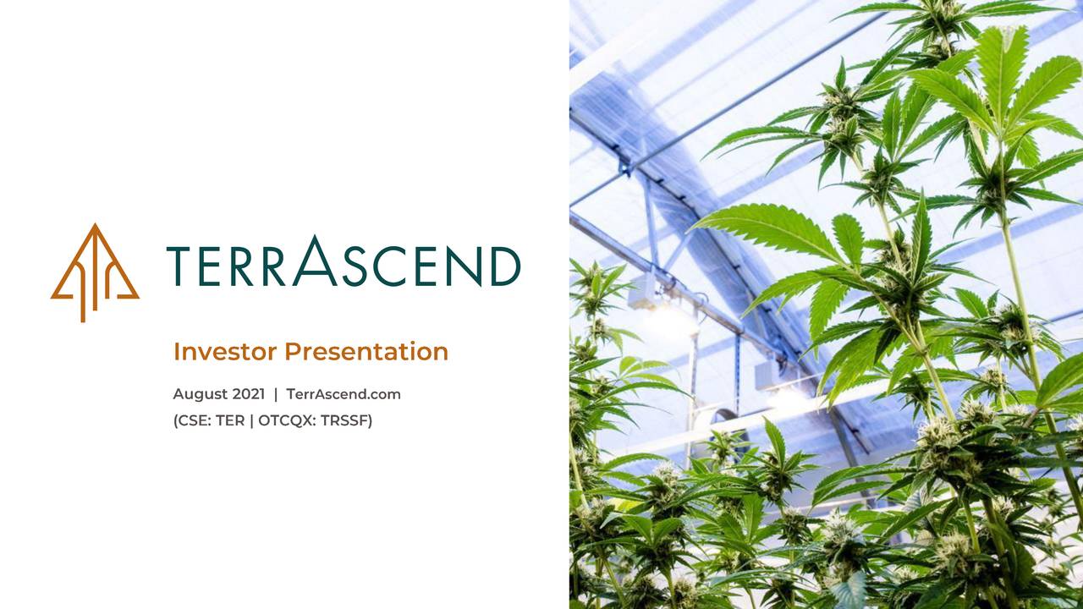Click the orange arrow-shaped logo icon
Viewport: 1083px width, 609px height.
click(95, 272)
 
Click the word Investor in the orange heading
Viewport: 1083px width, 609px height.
click(225, 351)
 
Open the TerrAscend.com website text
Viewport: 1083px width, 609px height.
click(344, 394)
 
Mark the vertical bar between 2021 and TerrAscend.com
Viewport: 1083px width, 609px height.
click(276, 394)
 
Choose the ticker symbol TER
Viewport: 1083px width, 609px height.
click(230, 420)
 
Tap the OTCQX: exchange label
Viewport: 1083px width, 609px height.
click(287, 420)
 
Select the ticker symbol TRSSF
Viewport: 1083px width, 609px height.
click(346, 420)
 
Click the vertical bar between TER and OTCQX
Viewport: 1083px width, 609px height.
click(251, 420)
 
